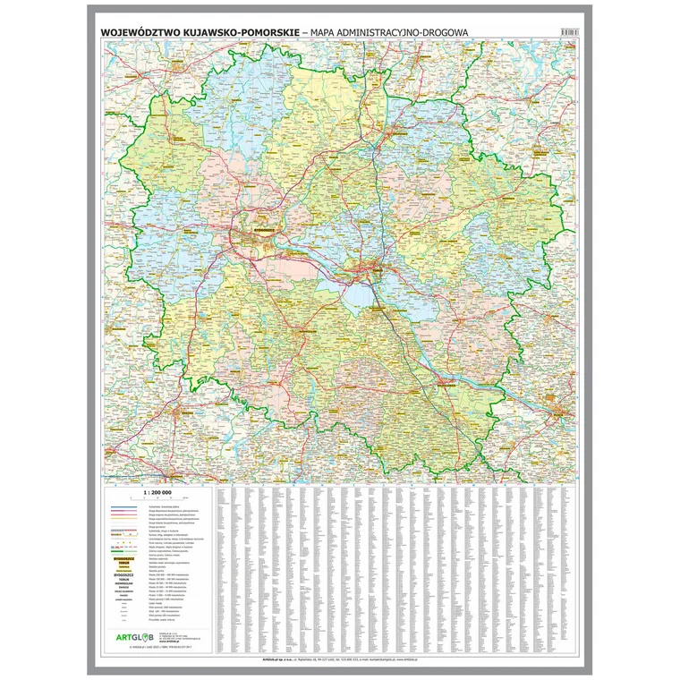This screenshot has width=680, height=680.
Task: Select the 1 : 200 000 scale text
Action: click(x=157, y=493)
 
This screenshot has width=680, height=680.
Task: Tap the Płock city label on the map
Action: click(x=560, y=414)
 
